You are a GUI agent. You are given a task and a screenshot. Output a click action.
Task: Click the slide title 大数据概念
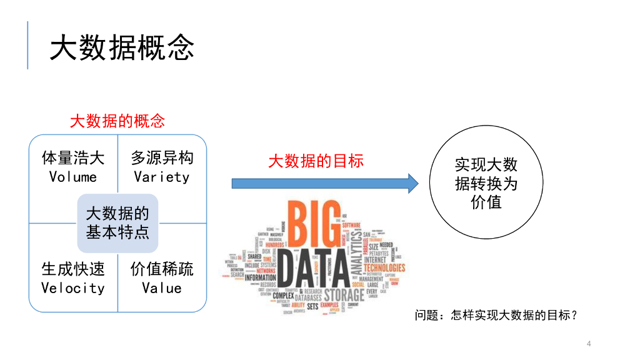pyautogui.click(x=122, y=47)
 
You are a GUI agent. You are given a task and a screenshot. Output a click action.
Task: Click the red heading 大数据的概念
pyautogui.click(x=117, y=121)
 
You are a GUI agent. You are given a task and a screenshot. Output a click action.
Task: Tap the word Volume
pyautogui.click(x=73, y=177)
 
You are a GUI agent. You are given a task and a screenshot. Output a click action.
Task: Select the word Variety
pyautogui.click(x=161, y=177)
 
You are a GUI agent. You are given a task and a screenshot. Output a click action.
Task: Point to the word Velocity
pyautogui.click(x=73, y=288)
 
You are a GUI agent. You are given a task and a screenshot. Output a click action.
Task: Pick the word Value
pyautogui.click(x=161, y=288)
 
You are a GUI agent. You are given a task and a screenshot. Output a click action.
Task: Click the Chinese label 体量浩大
pyautogui.click(x=73, y=157)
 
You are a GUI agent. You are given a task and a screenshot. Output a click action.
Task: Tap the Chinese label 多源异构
pyautogui.click(x=162, y=157)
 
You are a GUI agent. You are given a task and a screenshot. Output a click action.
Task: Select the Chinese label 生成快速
pyautogui.click(x=73, y=269)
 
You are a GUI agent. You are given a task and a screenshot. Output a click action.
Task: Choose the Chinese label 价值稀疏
pyautogui.click(x=162, y=269)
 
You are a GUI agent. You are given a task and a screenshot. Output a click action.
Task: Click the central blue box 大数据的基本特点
pyautogui.click(x=117, y=223)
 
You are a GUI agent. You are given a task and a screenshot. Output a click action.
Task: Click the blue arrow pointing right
pyautogui.click(x=324, y=183)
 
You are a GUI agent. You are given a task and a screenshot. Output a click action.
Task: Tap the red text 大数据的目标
pyautogui.click(x=316, y=161)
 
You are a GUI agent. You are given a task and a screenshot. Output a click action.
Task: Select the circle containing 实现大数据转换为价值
pyautogui.click(x=486, y=184)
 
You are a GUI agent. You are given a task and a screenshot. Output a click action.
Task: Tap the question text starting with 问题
pyautogui.click(x=496, y=316)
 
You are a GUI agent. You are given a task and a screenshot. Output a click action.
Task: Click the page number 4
pyautogui.click(x=589, y=344)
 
